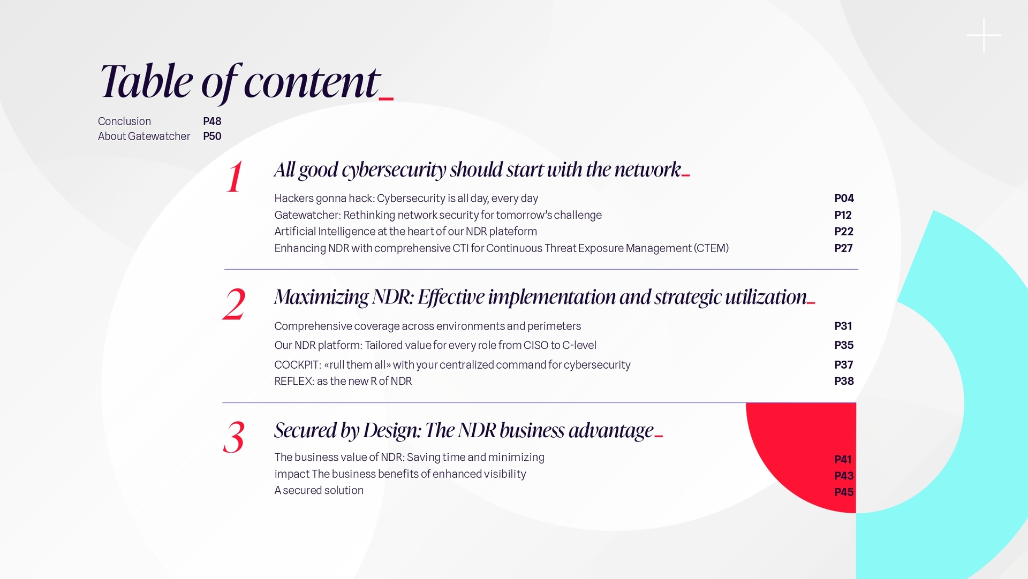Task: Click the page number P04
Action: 844,199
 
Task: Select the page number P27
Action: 843,248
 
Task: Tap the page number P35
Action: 844,346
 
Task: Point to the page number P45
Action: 844,492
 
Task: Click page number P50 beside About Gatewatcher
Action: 212,136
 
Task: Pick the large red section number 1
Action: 234,177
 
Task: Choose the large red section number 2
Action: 234,304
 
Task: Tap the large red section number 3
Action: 234,437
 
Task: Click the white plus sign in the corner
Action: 984,35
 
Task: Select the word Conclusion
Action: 124,121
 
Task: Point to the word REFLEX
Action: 294,382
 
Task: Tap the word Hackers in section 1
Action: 294,199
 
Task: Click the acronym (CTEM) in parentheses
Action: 712,248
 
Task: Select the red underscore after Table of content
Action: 386,98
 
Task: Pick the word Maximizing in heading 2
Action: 321,297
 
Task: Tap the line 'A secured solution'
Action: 319,491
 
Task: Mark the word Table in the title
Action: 146,81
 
